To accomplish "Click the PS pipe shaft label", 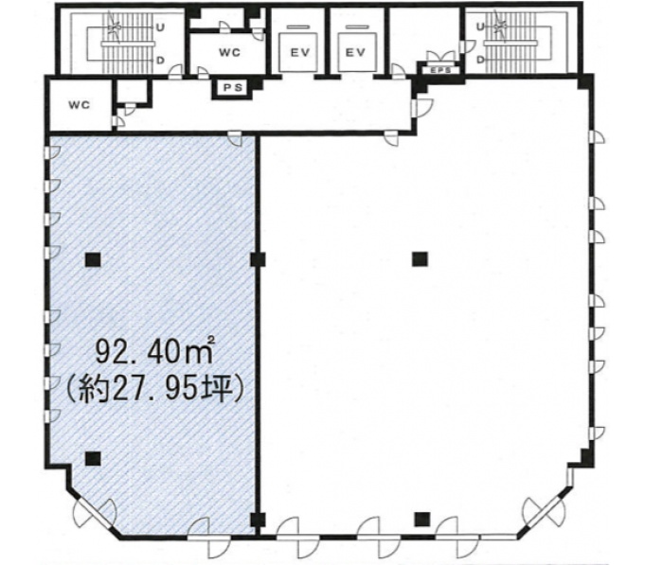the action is (x=233, y=88).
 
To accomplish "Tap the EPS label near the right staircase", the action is (x=439, y=70).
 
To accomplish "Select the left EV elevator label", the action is (x=300, y=53).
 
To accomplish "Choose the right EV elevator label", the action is (x=355, y=53).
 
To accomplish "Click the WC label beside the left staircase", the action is (x=230, y=53).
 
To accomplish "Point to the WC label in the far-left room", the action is (x=80, y=105).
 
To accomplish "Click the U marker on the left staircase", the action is (x=160, y=27).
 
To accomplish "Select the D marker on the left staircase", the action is (x=160, y=61).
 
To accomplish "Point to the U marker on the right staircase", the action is (x=479, y=27).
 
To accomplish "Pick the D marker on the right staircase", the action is (x=479, y=60).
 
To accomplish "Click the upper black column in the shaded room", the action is (x=93, y=259).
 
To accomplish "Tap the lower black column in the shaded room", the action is (x=93, y=458).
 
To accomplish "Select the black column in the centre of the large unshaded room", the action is (x=420, y=259).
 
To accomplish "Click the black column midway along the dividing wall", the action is (x=258, y=259).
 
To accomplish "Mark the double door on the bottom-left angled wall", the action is (x=95, y=513).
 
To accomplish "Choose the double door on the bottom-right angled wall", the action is (x=545, y=513).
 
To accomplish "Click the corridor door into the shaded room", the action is (x=235, y=138).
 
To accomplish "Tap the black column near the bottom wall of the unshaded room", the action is (x=422, y=519).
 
